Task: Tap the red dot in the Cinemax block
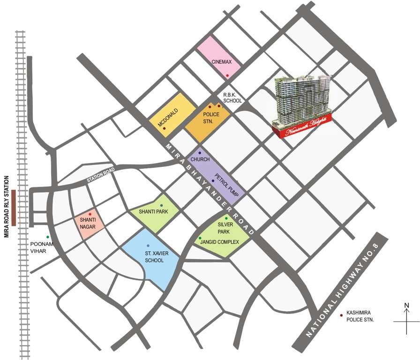point(227,75)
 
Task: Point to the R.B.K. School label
point(232,97)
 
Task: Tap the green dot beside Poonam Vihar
point(47,237)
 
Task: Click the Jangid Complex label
point(219,242)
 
